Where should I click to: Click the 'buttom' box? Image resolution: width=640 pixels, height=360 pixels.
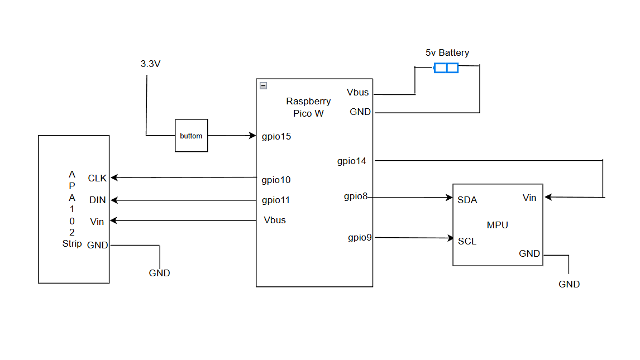click(192, 136)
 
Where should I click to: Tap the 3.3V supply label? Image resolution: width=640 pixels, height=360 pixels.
click(150, 64)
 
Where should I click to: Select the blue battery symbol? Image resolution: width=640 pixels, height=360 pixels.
click(446, 68)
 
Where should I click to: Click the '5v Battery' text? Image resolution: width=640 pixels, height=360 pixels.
click(447, 53)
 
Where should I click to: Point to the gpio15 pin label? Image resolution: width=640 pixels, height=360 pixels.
click(276, 136)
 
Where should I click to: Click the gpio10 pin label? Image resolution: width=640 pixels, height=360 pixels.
click(276, 180)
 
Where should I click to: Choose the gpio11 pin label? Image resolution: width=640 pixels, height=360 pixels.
click(276, 200)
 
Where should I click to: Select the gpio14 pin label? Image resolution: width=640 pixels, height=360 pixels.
click(351, 161)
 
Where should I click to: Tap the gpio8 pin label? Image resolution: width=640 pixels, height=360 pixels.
click(355, 196)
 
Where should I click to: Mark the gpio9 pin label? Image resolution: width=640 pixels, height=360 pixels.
click(360, 238)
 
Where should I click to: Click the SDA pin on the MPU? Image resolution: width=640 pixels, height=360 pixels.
click(467, 200)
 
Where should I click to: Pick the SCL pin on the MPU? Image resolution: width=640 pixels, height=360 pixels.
click(467, 242)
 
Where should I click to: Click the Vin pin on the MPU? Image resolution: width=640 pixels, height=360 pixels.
click(529, 198)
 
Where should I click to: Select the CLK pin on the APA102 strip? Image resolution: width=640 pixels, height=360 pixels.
click(97, 178)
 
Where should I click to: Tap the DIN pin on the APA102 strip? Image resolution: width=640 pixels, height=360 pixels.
click(97, 200)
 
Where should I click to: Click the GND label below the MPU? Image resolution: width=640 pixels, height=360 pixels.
click(569, 284)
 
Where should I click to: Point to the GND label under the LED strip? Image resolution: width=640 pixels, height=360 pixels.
click(159, 273)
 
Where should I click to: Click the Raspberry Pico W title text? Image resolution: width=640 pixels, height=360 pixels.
click(308, 107)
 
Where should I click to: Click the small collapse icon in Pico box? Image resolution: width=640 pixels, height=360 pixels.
click(264, 86)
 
